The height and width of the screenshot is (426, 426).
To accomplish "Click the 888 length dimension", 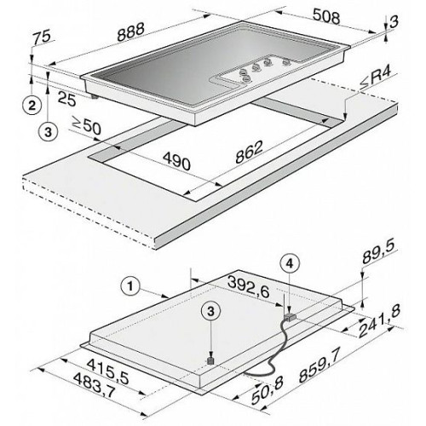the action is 131,32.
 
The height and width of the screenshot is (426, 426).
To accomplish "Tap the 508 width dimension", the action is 326,17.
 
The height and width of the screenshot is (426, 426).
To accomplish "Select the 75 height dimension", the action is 41,37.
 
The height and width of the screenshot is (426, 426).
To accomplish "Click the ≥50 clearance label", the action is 87,125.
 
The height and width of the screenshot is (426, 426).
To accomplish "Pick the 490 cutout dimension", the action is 176,161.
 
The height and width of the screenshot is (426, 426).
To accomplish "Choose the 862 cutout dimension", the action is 249,152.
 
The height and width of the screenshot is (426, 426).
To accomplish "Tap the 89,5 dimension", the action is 380,253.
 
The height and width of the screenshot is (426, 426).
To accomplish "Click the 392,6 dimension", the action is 248,287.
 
